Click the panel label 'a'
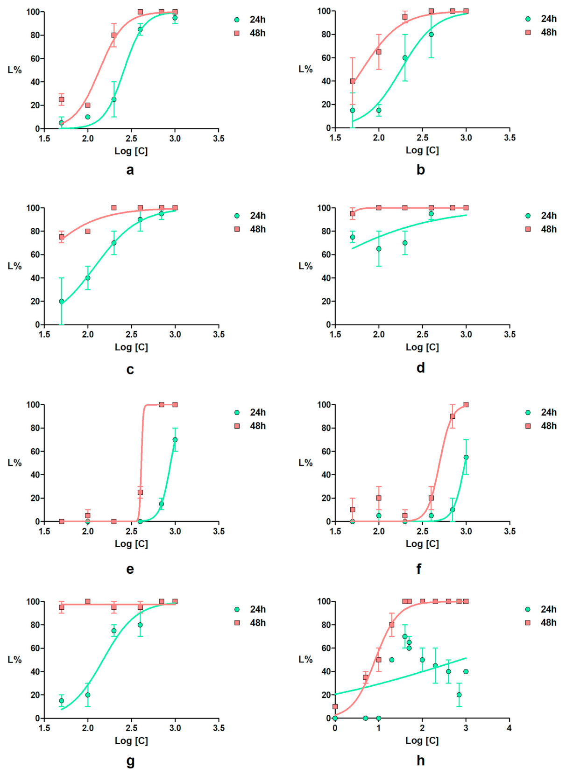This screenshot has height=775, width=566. click(x=130, y=170)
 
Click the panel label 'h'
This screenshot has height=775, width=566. click(x=420, y=761)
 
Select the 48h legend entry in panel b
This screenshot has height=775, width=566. click(x=542, y=32)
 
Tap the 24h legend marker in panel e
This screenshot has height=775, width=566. click(x=237, y=413)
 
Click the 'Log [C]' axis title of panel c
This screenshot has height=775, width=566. click(x=131, y=347)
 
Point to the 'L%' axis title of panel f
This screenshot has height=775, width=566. click(x=305, y=463)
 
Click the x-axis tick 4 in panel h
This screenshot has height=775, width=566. click(x=509, y=728)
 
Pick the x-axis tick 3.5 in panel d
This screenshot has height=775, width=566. click(x=509, y=334)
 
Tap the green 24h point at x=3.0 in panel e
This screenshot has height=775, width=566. click(x=175, y=440)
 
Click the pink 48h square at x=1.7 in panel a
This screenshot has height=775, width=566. click(x=61, y=99)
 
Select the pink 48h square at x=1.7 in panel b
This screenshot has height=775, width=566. click(x=353, y=81)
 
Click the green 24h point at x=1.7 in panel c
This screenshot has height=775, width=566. click(x=61, y=302)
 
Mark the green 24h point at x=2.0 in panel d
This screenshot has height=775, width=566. click(x=379, y=249)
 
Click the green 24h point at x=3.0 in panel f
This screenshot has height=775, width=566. click(x=466, y=458)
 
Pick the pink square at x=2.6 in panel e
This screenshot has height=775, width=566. click(x=140, y=493)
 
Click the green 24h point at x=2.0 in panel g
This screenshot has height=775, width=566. click(x=88, y=695)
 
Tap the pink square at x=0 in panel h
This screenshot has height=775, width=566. click(x=335, y=706)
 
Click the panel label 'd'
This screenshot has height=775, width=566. click(x=420, y=368)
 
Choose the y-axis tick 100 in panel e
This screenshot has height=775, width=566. click(x=33, y=405)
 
